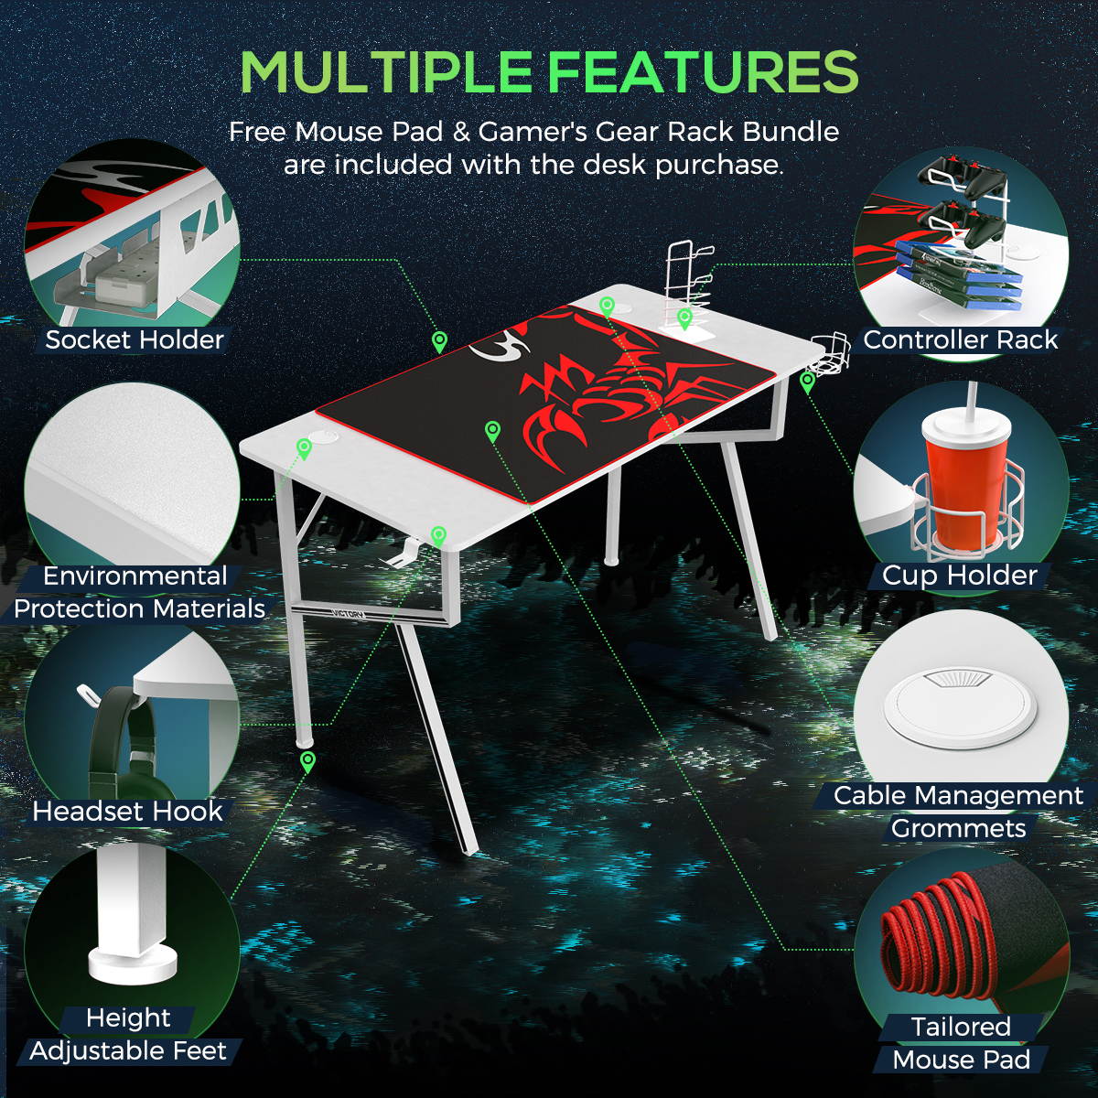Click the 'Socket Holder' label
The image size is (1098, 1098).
(135, 339)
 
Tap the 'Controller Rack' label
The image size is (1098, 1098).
(960, 339)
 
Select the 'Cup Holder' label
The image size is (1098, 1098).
(960, 576)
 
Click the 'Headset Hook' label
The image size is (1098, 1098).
(127, 812)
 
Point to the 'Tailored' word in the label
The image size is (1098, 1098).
(961, 1027)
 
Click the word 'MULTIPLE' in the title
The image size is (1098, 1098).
(385, 73)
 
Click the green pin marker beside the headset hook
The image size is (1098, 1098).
(438, 535)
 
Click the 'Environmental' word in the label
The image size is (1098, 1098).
(135, 576)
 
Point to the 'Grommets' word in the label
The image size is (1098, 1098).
(958, 829)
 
